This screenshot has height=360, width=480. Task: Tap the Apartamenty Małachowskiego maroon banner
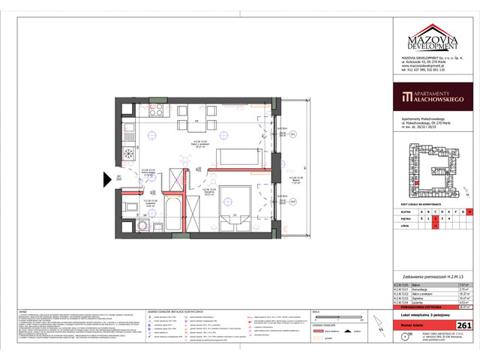(433, 96)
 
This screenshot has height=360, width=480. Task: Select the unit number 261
(463, 324)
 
